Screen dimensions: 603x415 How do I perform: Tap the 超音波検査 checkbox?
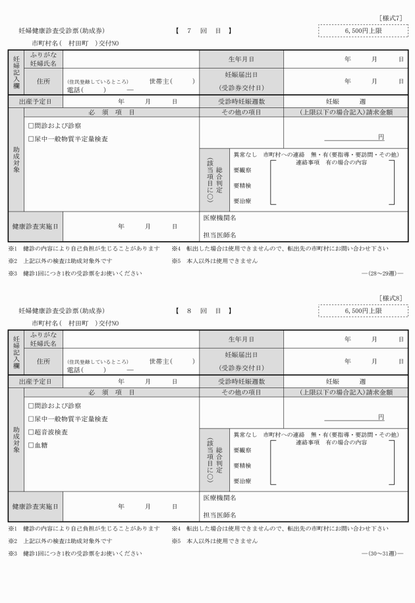30,432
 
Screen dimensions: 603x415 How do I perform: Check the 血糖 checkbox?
30,445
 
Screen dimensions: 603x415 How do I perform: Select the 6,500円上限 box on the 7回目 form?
364,30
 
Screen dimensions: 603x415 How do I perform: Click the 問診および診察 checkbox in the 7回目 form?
30,125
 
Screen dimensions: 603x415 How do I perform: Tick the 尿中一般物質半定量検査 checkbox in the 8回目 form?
30,418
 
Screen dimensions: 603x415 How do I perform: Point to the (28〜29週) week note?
382,273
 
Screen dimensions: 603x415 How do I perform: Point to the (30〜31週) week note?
382,553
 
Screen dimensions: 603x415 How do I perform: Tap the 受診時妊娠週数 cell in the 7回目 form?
241,102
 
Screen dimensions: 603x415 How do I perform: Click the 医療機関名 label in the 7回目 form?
219,217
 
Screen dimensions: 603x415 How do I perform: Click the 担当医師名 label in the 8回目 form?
219,515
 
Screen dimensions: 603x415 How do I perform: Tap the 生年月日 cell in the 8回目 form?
241,338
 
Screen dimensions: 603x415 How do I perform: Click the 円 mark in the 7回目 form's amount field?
381,136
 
